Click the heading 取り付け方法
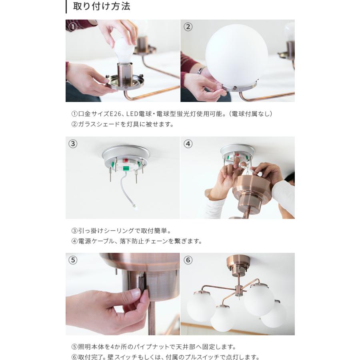[102, 7]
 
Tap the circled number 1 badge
[72, 27]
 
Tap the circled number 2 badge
[188, 27]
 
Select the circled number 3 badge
[72, 144]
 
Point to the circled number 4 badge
[188, 144]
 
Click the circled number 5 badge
[72, 260]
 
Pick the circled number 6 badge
[188, 260]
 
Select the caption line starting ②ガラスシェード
[123, 124]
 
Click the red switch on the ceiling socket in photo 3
[126, 160]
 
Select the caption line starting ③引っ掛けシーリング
[121, 231]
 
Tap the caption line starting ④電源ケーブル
[137, 241]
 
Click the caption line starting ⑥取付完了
[166, 357]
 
